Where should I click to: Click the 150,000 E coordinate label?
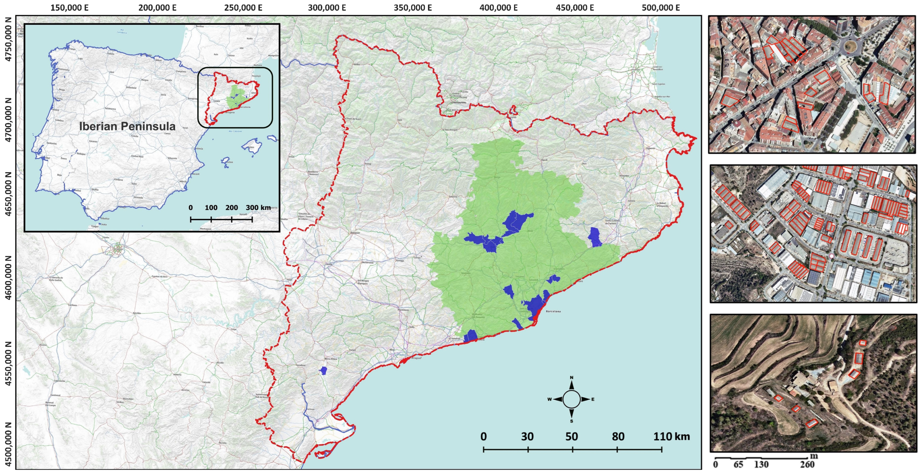69,8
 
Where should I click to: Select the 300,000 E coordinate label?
327,8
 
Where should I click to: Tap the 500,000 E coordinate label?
660,8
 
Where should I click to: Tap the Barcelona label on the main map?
553,311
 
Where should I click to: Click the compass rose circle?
571,399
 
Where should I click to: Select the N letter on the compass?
571,378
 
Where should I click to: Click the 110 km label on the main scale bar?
671,436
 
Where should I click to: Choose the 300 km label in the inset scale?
258,208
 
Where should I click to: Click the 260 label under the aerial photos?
807,464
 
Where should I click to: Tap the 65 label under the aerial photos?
738,464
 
